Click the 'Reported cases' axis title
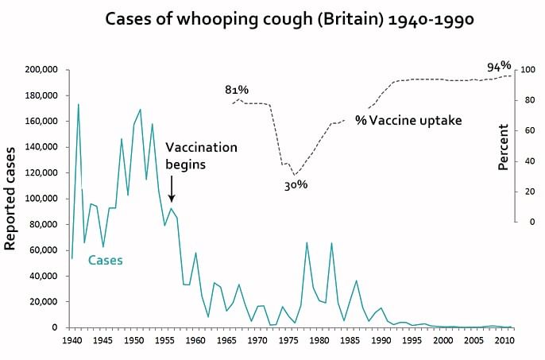point(11,197)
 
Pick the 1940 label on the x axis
point(72,339)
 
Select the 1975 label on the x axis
point(288,339)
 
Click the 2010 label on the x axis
point(505,339)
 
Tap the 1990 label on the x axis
point(381,339)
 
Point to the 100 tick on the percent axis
point(527,70)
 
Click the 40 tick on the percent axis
point(525,161)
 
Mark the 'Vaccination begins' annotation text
point(201,156)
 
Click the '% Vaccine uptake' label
point(408,121)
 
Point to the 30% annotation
point(296,184)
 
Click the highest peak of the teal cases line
point(78,104)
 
